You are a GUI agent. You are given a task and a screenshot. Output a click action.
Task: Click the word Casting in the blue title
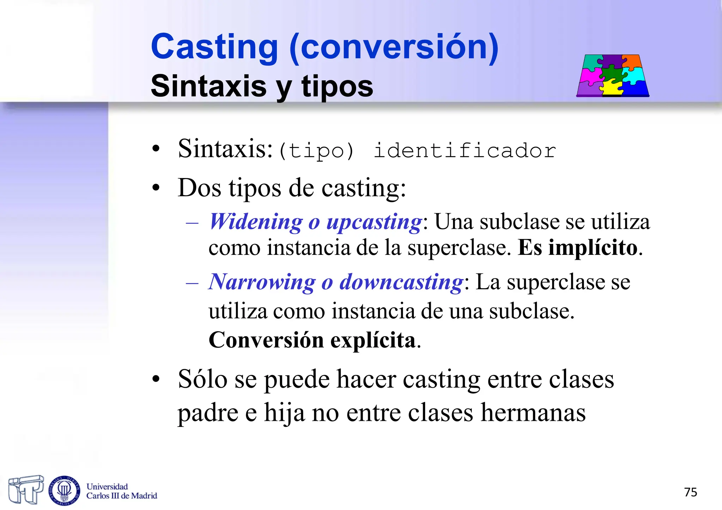[214, 47]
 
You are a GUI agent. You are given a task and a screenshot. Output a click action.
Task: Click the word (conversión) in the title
[394, 47]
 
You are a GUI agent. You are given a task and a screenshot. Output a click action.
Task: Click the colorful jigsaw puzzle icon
[613, 75]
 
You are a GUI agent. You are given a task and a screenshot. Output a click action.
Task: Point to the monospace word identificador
[465, 151]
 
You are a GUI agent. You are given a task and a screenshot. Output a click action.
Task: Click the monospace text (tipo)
[316, 151]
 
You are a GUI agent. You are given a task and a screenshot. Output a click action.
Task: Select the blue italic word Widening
[256, 222]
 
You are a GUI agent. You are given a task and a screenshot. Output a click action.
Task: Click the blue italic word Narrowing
[262, 282]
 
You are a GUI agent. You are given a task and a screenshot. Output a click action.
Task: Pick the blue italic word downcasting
[401, 282]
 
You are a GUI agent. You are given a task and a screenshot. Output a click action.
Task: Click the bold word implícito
[593, 248]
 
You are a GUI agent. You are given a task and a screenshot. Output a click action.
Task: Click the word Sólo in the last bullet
[203, 380]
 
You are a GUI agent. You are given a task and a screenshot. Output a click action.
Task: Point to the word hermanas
[533, 412]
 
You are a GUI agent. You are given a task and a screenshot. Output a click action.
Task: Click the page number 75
[690, 492]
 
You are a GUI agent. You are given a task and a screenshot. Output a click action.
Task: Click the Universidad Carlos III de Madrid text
[122, 491]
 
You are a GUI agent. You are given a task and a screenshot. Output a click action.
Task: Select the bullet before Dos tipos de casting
[156, 188]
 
